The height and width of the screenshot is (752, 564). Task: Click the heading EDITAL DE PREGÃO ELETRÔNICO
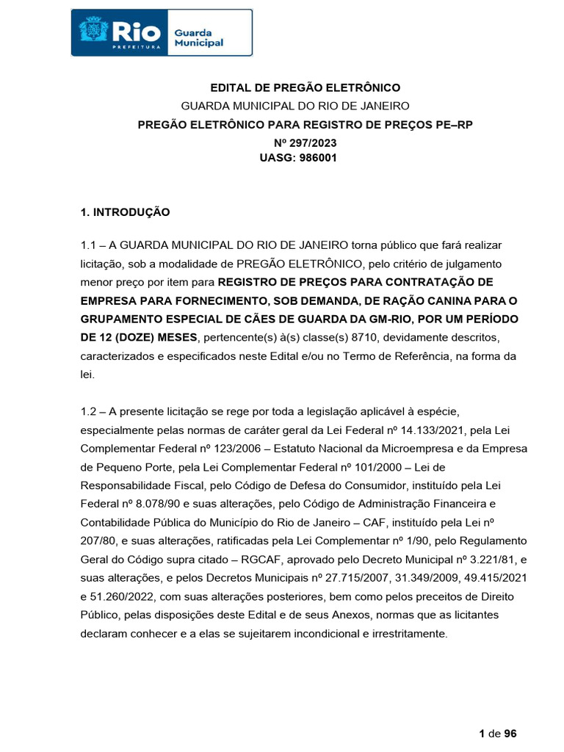(x=305, y=87)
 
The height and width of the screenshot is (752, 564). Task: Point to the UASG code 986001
(x=317, y=157)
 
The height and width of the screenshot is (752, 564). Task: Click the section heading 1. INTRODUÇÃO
(x=125, y=212)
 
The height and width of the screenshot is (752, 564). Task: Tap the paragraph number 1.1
(x=89, y=245)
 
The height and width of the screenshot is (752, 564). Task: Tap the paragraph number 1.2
(x=89, y=410)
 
